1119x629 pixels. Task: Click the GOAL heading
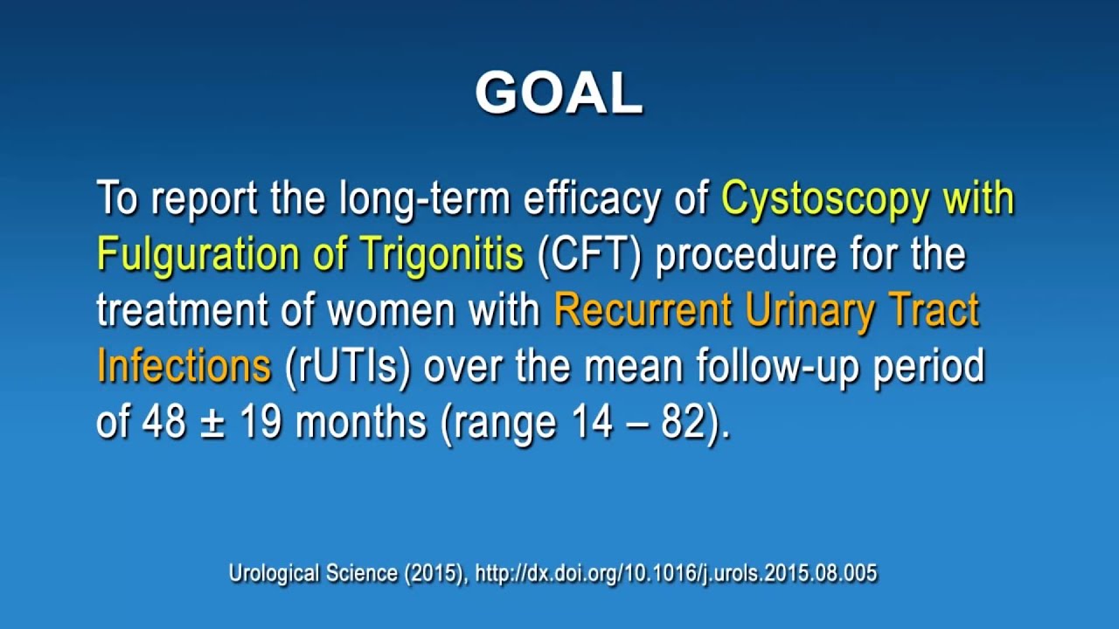(559, 93)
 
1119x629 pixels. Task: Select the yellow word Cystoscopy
(824, 200)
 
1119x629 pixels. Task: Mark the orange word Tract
(940, 311)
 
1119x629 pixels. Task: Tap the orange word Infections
(184, 367)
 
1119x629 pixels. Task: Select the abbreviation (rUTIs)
(348, 367)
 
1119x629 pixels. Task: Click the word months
(360, 423)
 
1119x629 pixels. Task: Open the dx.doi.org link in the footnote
(676, 574)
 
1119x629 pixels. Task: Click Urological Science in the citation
(312, 574)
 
